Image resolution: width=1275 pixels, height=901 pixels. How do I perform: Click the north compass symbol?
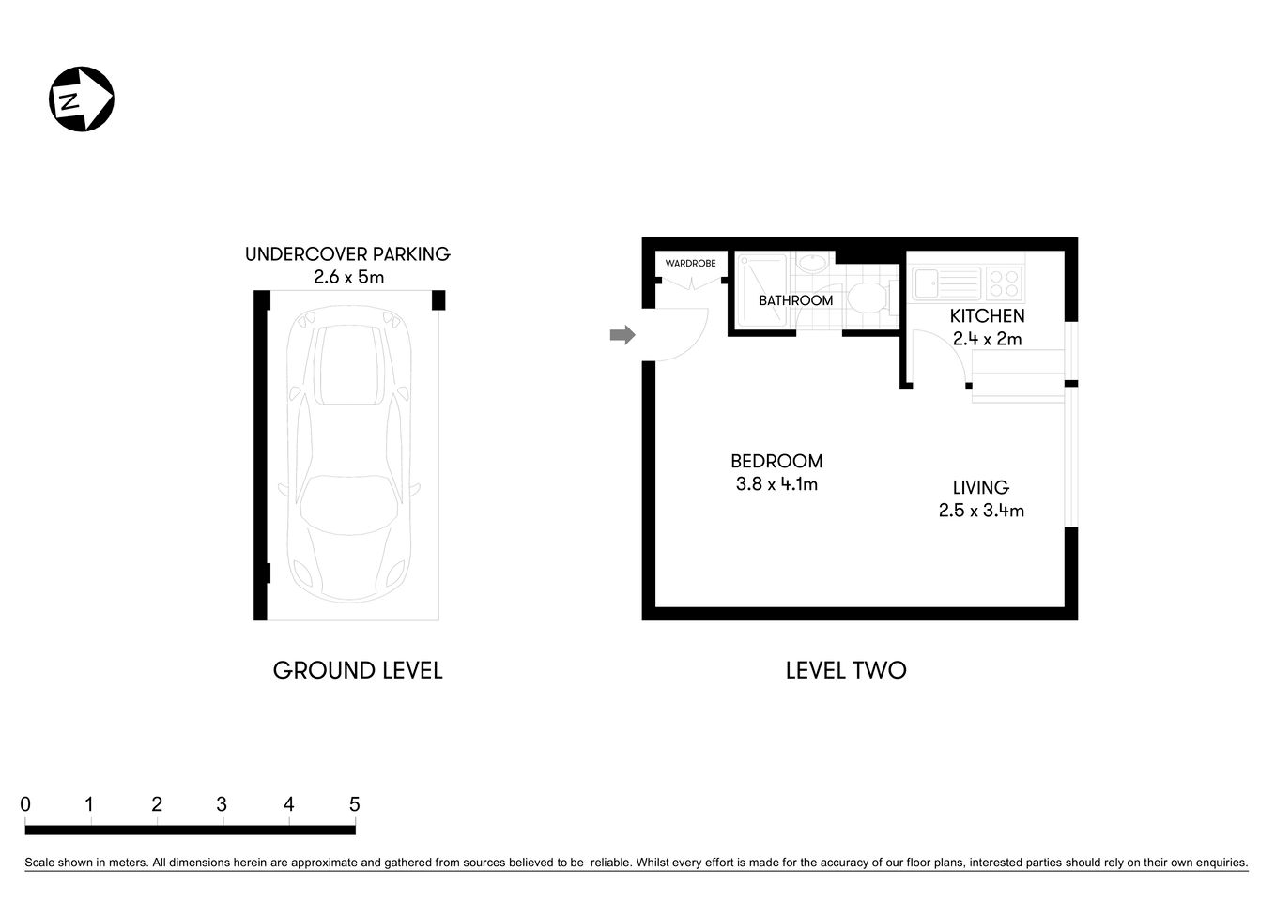point(82,99)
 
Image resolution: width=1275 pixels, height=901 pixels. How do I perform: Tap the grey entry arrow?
point(622,335)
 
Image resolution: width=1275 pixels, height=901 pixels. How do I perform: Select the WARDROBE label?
point(690,264)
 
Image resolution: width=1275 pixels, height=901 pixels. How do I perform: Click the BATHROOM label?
point(795,300)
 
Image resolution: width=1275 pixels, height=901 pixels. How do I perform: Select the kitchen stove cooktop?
point(1003,282)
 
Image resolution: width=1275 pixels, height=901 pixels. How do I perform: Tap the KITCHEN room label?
point(987,316)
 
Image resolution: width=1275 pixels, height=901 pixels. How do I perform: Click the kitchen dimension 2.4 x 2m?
point(987,339)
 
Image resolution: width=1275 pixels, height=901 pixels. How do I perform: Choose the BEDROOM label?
point(776,461)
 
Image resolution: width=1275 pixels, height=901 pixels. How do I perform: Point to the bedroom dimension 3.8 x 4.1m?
point(776,484)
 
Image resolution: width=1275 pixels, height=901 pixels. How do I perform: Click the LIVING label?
point(980,487)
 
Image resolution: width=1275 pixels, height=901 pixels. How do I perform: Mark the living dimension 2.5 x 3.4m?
point(980,511)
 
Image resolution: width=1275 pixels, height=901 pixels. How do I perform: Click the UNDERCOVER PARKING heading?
point(347,254)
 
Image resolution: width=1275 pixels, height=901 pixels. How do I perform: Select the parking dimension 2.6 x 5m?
point(347,277)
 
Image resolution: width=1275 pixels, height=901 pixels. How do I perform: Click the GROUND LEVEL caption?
point(357,670)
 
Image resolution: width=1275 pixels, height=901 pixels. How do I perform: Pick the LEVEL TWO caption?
point(845,670)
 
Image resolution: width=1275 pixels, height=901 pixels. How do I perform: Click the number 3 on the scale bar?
point(222,804)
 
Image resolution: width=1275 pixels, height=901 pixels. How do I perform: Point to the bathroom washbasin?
point(813,263)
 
